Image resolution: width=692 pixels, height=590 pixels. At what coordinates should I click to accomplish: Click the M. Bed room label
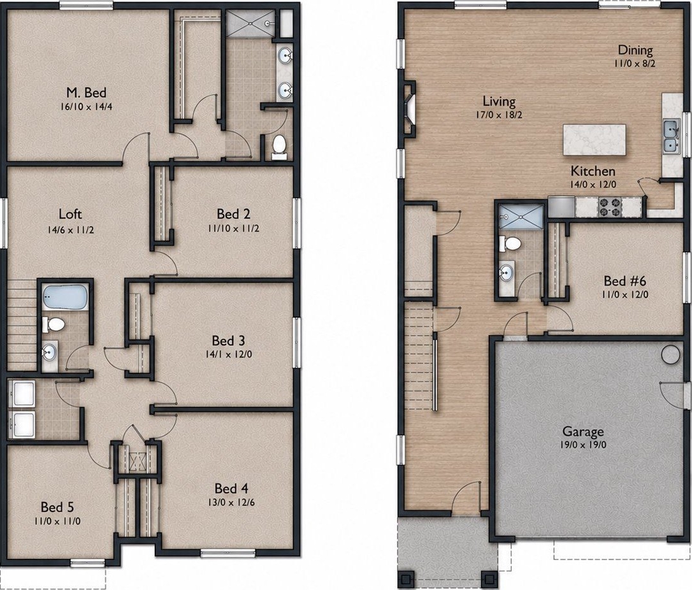click(87, 92)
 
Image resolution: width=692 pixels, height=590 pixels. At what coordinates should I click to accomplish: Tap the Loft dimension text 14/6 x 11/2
click(71, 230)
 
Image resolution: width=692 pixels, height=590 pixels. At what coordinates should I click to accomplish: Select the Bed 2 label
click(233, 214)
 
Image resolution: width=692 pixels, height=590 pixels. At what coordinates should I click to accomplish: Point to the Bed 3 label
click(228, 340)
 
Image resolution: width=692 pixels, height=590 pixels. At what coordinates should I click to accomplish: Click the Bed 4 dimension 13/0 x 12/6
click(232, 502)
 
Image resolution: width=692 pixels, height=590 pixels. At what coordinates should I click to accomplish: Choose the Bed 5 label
click(58, 507)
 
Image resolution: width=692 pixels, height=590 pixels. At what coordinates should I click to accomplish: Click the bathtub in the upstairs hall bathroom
click(66, 296)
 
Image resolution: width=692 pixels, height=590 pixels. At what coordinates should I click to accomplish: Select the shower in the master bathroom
click(250, 25)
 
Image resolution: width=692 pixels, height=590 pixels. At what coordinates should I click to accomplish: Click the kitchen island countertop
click(594, 140)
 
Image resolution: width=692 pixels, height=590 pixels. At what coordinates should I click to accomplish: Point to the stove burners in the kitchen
click(609, 207)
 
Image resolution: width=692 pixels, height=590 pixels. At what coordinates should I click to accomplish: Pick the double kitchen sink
click(671, 137)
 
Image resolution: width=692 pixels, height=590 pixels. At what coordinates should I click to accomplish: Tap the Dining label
click(635, 50)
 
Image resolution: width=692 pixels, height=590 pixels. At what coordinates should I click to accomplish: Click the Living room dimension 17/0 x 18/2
click(499, 115)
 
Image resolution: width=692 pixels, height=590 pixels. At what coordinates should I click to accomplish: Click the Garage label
click(583, 431)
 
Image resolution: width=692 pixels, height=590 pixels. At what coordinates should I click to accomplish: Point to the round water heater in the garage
click(670, 354)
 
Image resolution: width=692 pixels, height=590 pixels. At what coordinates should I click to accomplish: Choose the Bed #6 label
click(625, 280)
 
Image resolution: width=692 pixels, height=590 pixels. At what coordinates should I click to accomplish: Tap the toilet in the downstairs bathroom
click(510, 243)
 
